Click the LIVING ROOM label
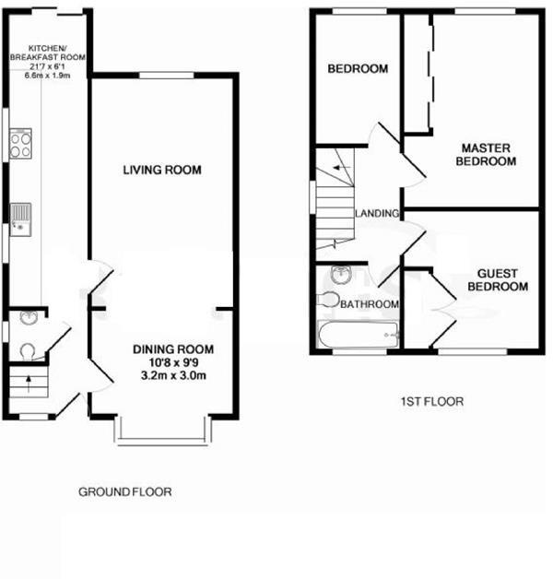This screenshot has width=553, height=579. point(163,170)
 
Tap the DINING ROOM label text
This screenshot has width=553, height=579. point(173,349)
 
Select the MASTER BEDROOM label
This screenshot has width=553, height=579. point(487,155)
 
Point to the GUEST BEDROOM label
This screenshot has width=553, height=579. point(497,280)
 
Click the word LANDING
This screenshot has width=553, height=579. point(377,214)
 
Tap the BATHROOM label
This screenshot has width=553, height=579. point(370,304)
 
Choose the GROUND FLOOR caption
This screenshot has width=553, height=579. point(124,492)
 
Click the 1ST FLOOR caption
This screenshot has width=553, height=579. point(432,402)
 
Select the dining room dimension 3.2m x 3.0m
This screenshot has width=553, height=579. point(173,375)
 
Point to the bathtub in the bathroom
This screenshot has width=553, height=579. point(357,335)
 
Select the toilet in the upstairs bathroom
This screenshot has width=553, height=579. point(328,300)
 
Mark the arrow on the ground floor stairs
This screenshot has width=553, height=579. point(28,381)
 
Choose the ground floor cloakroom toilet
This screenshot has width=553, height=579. point(27,350)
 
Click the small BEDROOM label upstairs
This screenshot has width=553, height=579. point(358,69)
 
